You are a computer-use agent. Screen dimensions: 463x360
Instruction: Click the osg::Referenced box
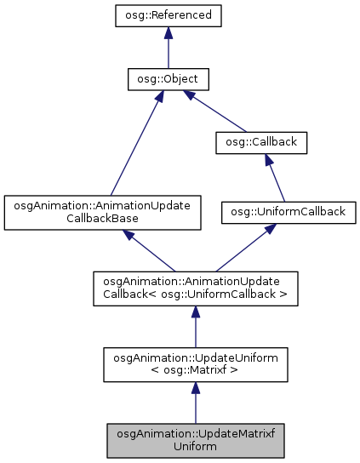(169, 15)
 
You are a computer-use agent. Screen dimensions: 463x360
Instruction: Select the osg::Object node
(169, 80)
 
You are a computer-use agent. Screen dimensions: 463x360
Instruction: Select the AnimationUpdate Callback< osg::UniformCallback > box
(195, 288)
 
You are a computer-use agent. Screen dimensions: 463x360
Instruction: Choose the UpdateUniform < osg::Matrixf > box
(195, 363)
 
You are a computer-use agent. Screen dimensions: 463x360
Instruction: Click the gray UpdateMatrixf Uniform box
(195, 437)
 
